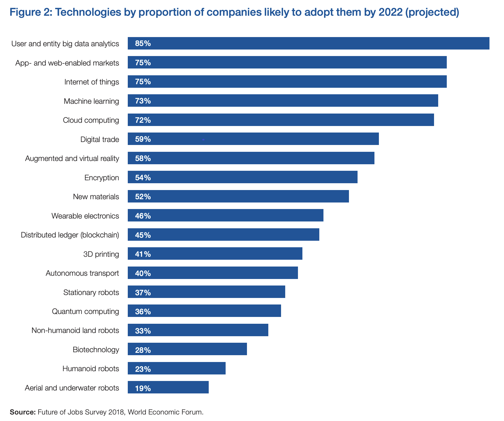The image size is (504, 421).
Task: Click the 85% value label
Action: [143, 44]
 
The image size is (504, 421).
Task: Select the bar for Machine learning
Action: [283, 101]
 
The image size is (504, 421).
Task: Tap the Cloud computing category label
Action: [91, 120]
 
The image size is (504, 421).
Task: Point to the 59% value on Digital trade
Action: [143, 139]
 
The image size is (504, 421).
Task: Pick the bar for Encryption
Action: [243, 177]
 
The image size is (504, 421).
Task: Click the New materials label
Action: [96, 197]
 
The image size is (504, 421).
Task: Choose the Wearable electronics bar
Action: [225, 216]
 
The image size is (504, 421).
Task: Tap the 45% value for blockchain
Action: [143, 235]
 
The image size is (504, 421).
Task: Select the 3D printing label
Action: [101, 254]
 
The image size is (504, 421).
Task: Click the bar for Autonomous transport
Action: [213, 273]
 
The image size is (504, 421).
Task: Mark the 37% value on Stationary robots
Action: [143, 292]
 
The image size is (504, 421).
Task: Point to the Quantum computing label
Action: [85, 311]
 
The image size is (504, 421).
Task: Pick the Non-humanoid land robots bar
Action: [198, 330]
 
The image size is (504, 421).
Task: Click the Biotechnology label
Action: [96, 350]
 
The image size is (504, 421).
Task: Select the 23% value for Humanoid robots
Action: [143, 369]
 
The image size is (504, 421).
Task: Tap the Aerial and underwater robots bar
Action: [168, 387]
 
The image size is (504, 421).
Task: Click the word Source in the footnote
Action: [23, 412]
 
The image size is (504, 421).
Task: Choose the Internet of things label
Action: [92, 82]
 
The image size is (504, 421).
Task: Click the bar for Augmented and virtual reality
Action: [251, 158]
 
